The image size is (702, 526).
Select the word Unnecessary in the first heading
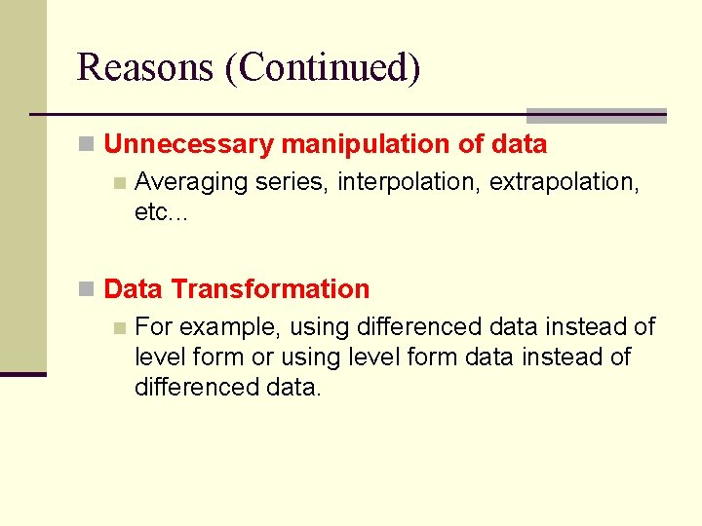pyautogui.click(x=188, y=145)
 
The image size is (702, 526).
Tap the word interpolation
pyautogui.click(x=409, y=182)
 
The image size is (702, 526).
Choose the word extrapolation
pyautogui.click(x=564, y=182)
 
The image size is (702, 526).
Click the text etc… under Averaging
pyautogui.click(x=161, y=212)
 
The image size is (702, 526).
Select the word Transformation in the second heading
pyautogui.click(x=270, y=289)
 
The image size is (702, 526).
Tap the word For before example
pyautogui.click(x=154, y=327)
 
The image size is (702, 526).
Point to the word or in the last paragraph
pyautogui.click(x=262, y=357)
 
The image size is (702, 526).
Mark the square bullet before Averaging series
pyautogui.click(x=119, y=182)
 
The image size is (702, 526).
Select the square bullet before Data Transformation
pyautogui.click(x=86, y=289)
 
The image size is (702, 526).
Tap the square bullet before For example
pyautogui.click(x=119, y=327)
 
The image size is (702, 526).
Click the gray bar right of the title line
pyautogui.click(x=596, y=115)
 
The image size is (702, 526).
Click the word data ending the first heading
pyautogui.click(x=519, y=145)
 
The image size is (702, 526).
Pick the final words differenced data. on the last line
pyautogui.click(x=227, y=387)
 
